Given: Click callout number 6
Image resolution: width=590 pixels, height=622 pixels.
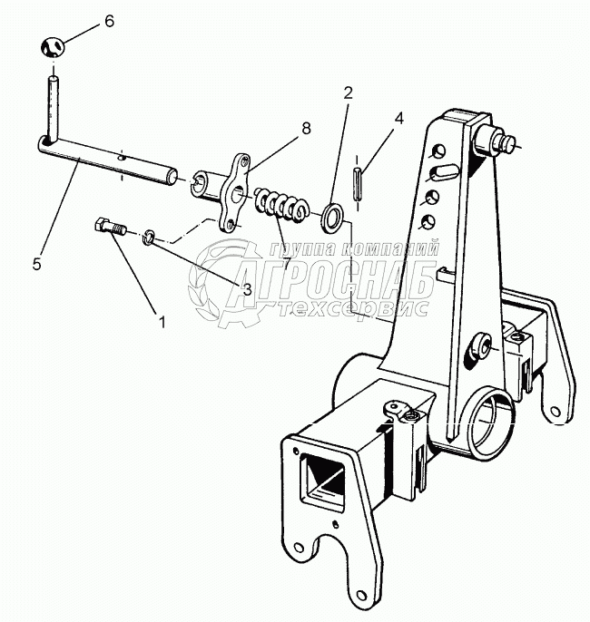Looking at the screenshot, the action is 109,21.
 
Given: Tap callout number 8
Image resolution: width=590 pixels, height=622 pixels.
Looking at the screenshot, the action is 306,129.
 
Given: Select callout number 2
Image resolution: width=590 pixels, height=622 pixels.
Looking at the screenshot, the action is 348,92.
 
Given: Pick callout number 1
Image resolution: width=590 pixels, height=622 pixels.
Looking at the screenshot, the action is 162,320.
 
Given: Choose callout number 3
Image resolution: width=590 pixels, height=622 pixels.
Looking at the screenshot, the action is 245,288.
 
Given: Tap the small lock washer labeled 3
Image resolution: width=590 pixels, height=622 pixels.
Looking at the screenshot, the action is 147,238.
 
